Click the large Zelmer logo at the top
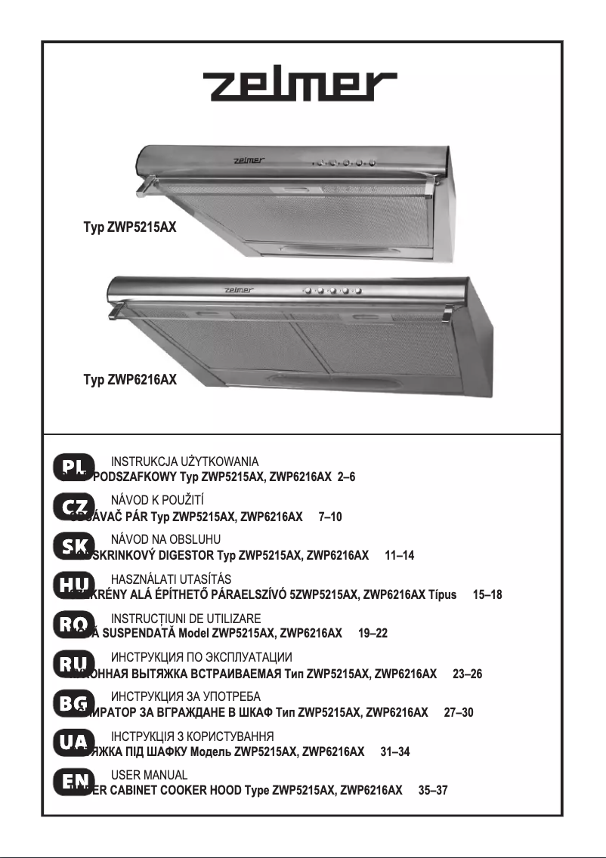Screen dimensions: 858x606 click(303, 90)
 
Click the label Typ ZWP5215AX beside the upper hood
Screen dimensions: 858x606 click(130, 226)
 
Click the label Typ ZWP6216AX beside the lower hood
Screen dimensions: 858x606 click(130, 380)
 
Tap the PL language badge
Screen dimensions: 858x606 click(74, 467)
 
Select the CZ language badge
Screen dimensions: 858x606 click(74, 506)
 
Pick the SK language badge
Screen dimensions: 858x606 click(74, 545)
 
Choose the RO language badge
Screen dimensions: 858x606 click(74, 624)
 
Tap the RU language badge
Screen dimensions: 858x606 click(74, 663)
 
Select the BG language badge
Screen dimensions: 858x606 click(74, 702)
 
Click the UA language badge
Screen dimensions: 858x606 click(74, 742)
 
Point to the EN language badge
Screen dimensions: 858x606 click(74, 781)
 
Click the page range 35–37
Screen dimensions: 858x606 click(433, 790)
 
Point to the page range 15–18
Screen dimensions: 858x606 click(487, 594)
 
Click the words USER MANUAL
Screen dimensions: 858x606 click(149, 775)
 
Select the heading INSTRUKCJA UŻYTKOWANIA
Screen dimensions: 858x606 click(185, 461)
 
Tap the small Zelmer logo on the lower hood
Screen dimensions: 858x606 click(242, 290)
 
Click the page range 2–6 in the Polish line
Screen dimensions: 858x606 click(347, 477)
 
